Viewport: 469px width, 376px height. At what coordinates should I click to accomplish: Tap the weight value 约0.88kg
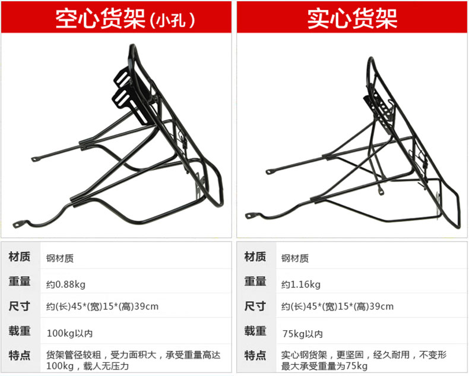point(66,283)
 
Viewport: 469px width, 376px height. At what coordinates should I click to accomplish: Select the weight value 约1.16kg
point(300,283)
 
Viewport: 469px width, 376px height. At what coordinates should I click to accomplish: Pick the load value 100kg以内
point(69,332)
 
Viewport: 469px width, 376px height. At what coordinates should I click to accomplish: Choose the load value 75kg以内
point(302,332)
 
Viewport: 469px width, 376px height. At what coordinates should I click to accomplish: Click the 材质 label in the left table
point(20,258)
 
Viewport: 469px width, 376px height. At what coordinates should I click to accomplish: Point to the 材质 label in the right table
point(255,258)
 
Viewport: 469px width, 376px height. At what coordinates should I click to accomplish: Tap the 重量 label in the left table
point(20,282)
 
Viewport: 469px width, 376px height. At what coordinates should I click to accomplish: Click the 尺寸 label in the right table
point(255,306)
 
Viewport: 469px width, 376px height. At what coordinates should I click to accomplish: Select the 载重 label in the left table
point(20,331)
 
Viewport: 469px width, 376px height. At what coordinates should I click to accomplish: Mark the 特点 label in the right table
point(255,355)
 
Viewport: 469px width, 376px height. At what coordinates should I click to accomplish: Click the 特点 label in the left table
point(20,355)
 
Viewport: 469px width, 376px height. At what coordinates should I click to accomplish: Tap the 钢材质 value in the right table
point(294,259)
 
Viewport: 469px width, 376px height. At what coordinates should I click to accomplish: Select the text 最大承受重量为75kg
point(325,366)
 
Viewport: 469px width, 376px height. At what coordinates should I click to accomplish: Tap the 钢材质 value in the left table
point(60,259)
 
